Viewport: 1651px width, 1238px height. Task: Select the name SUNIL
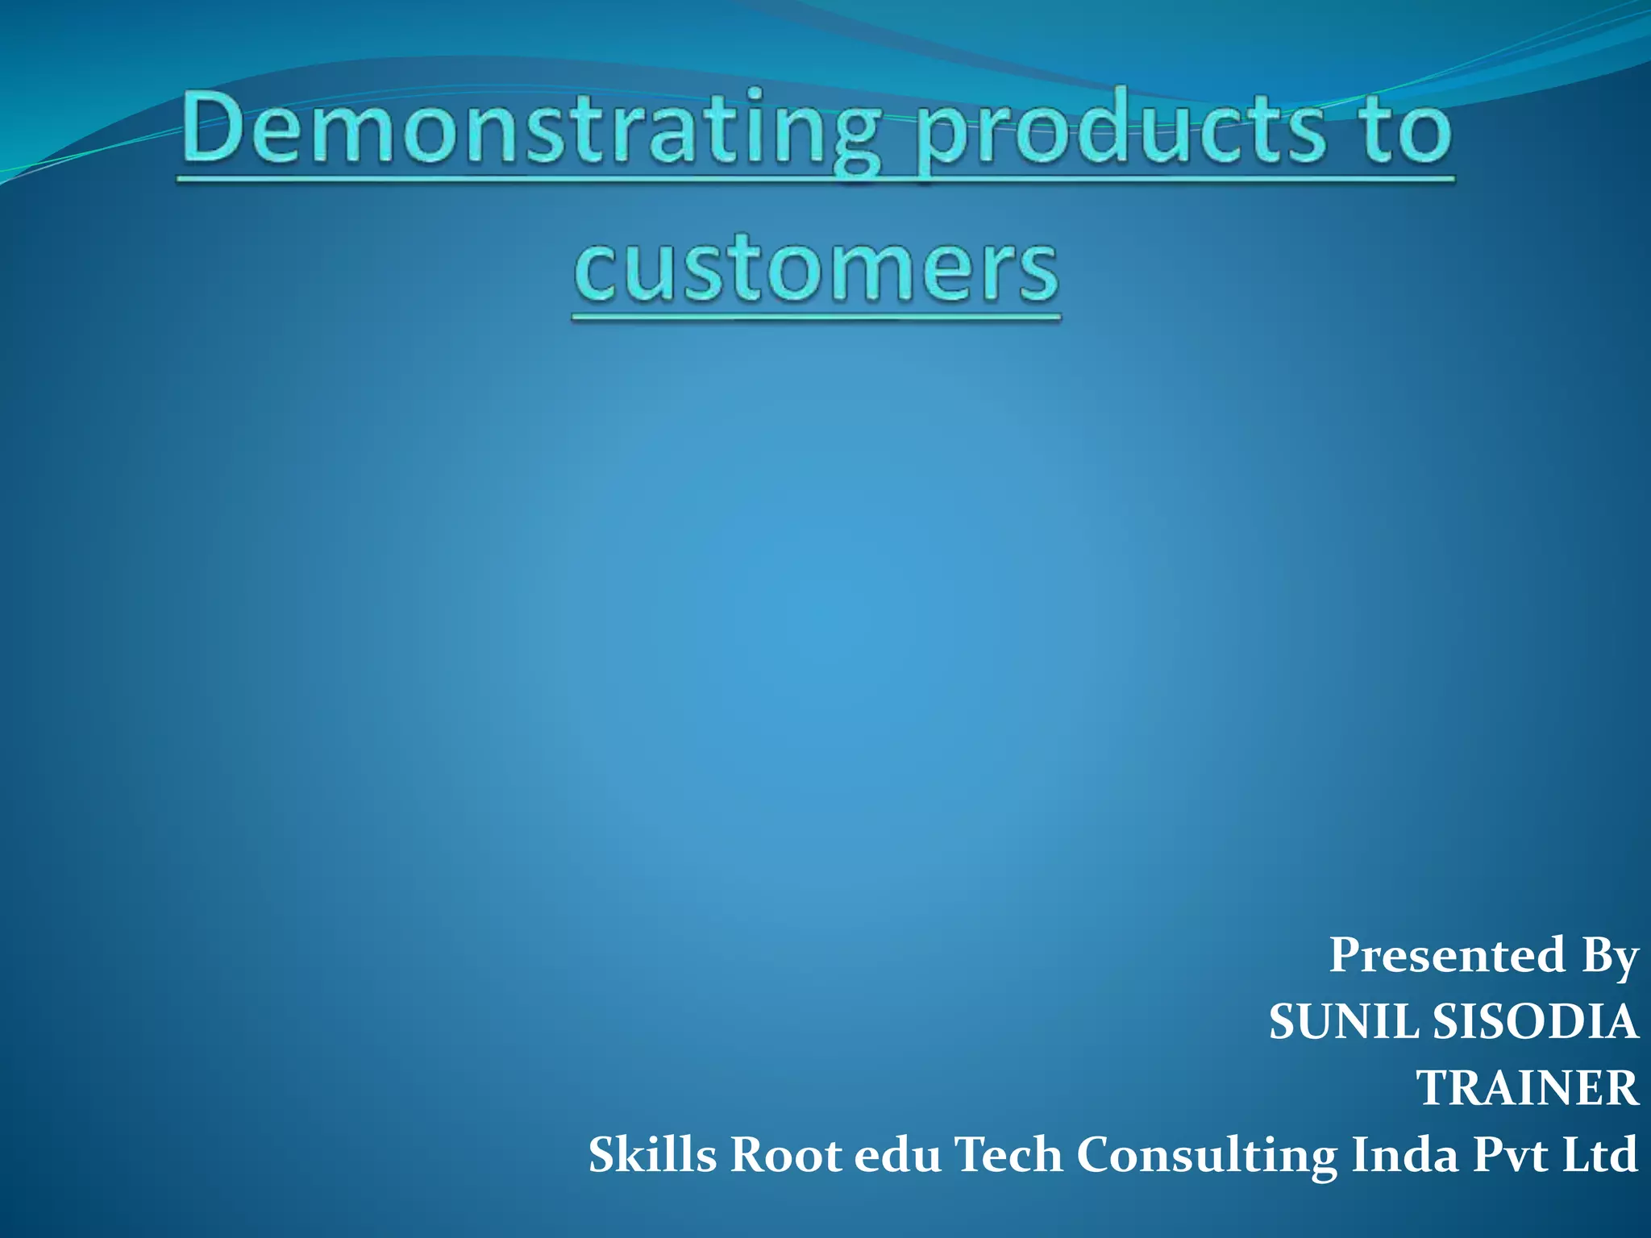pos(1344,1022)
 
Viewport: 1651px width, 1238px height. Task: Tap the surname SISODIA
pos(1535,1022)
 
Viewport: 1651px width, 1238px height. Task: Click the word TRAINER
pos(1527,1088)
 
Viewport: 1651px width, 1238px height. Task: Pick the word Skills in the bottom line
pos(652,1155)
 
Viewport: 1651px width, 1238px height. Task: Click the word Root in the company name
pos(786,1155)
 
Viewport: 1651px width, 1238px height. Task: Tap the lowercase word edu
pos(897,1155)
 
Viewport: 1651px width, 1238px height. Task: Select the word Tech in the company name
pos(1008,1155)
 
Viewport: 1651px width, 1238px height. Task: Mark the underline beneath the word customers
pos(816,318)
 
